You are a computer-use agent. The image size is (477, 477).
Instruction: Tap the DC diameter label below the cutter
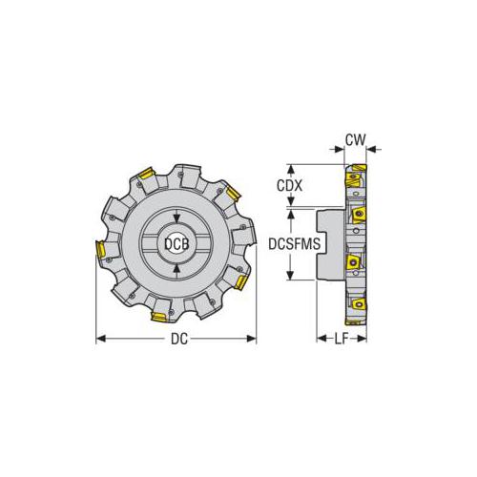(176, 340)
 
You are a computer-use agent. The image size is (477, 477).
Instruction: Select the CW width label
(354, 139)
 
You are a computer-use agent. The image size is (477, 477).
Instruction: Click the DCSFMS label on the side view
(290, 245)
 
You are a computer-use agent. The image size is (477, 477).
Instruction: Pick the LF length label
(340, 340)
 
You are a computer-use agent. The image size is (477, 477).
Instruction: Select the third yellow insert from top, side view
(352, 260)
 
